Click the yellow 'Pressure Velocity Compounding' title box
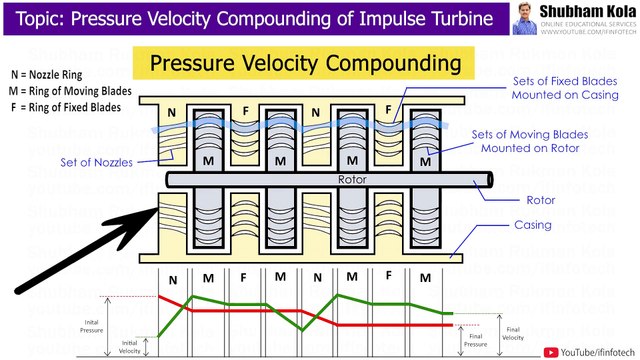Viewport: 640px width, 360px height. pyautogui.click(x=306, y=64)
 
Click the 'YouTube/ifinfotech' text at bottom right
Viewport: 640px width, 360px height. pyautogui.click(x=597, y=350)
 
